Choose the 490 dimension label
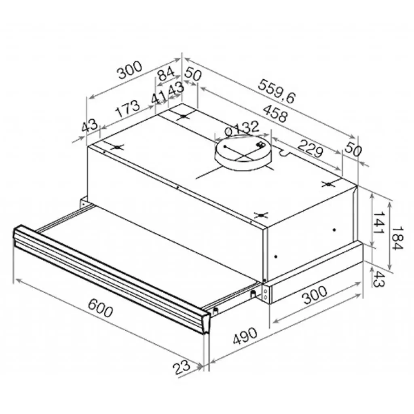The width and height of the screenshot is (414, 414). (245, 337)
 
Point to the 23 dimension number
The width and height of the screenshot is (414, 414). (182, 367)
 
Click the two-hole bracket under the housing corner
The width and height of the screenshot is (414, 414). (266, 293)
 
